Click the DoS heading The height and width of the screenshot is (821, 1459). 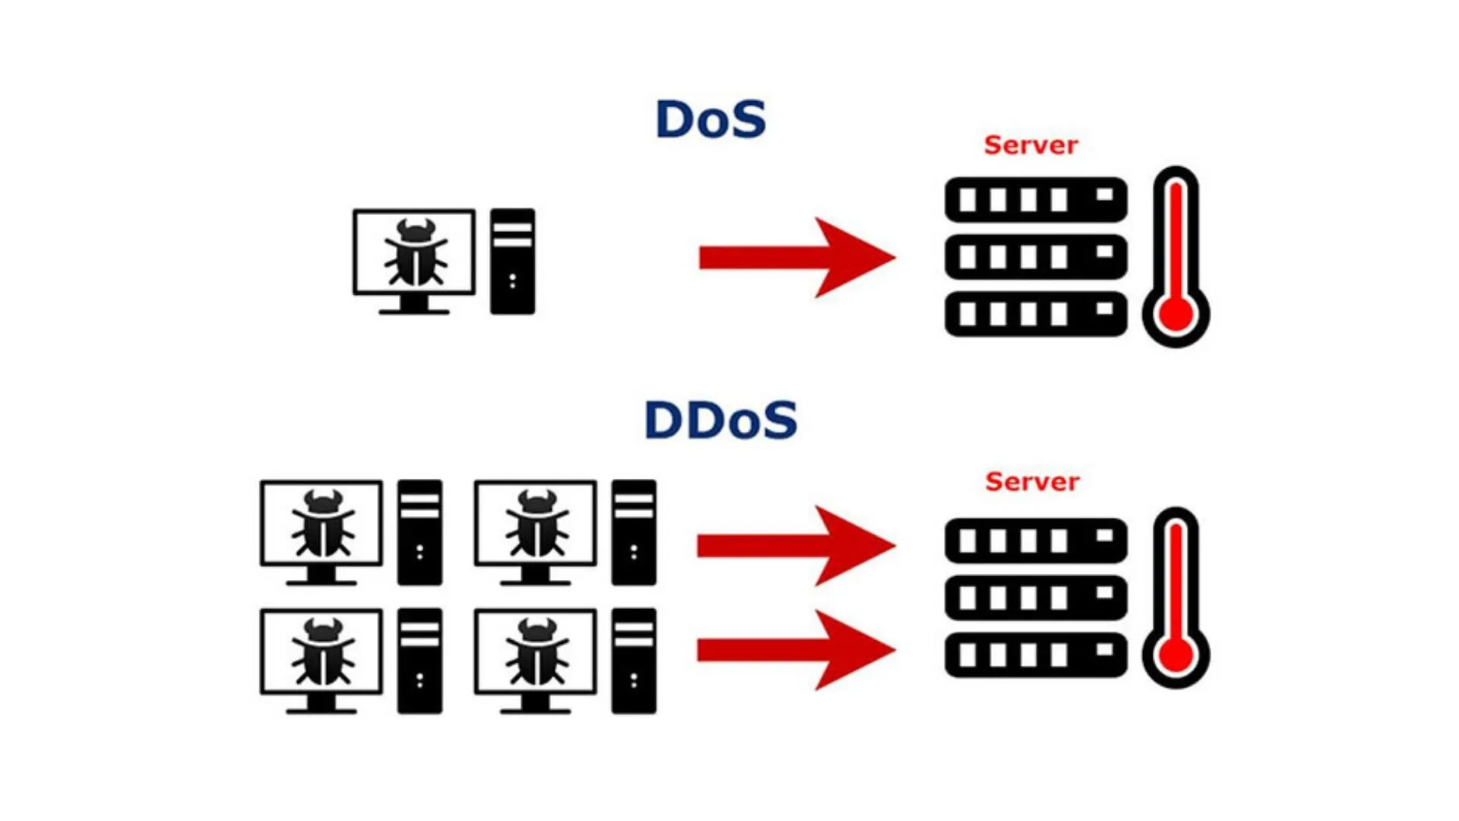pyautogui.click(x=711, y=119)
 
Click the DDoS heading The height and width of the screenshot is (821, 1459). pyautogui.click(x=720, y=420)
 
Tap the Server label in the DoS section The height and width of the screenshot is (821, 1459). pyautogui.click(x=1030, y=145)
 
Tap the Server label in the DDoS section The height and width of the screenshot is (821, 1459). pyautogui.click(x=1032, y=481)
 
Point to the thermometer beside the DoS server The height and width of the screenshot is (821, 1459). pyautogui.click(x=1176, y=257)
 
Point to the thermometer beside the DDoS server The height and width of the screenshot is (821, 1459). pyautogui.click(x=1176, y=598)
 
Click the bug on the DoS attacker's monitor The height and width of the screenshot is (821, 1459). pyautogui.click(x=415, y=252)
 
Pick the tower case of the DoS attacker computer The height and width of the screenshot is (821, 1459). pyautogui.click(x=512, y=261)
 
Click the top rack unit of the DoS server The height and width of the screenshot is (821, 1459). pyautogui.click(x=1036, y=200)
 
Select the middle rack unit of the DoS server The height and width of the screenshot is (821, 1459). pyautogui.click(x=1036, y=257)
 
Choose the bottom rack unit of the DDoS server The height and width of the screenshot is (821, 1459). pyautogui.click(x=1036, y=655)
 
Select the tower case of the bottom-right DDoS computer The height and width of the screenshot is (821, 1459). pyautogui.click(x=634, y=661)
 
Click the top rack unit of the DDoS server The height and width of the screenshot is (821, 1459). pyautogui.click(x=1036, y=540)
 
